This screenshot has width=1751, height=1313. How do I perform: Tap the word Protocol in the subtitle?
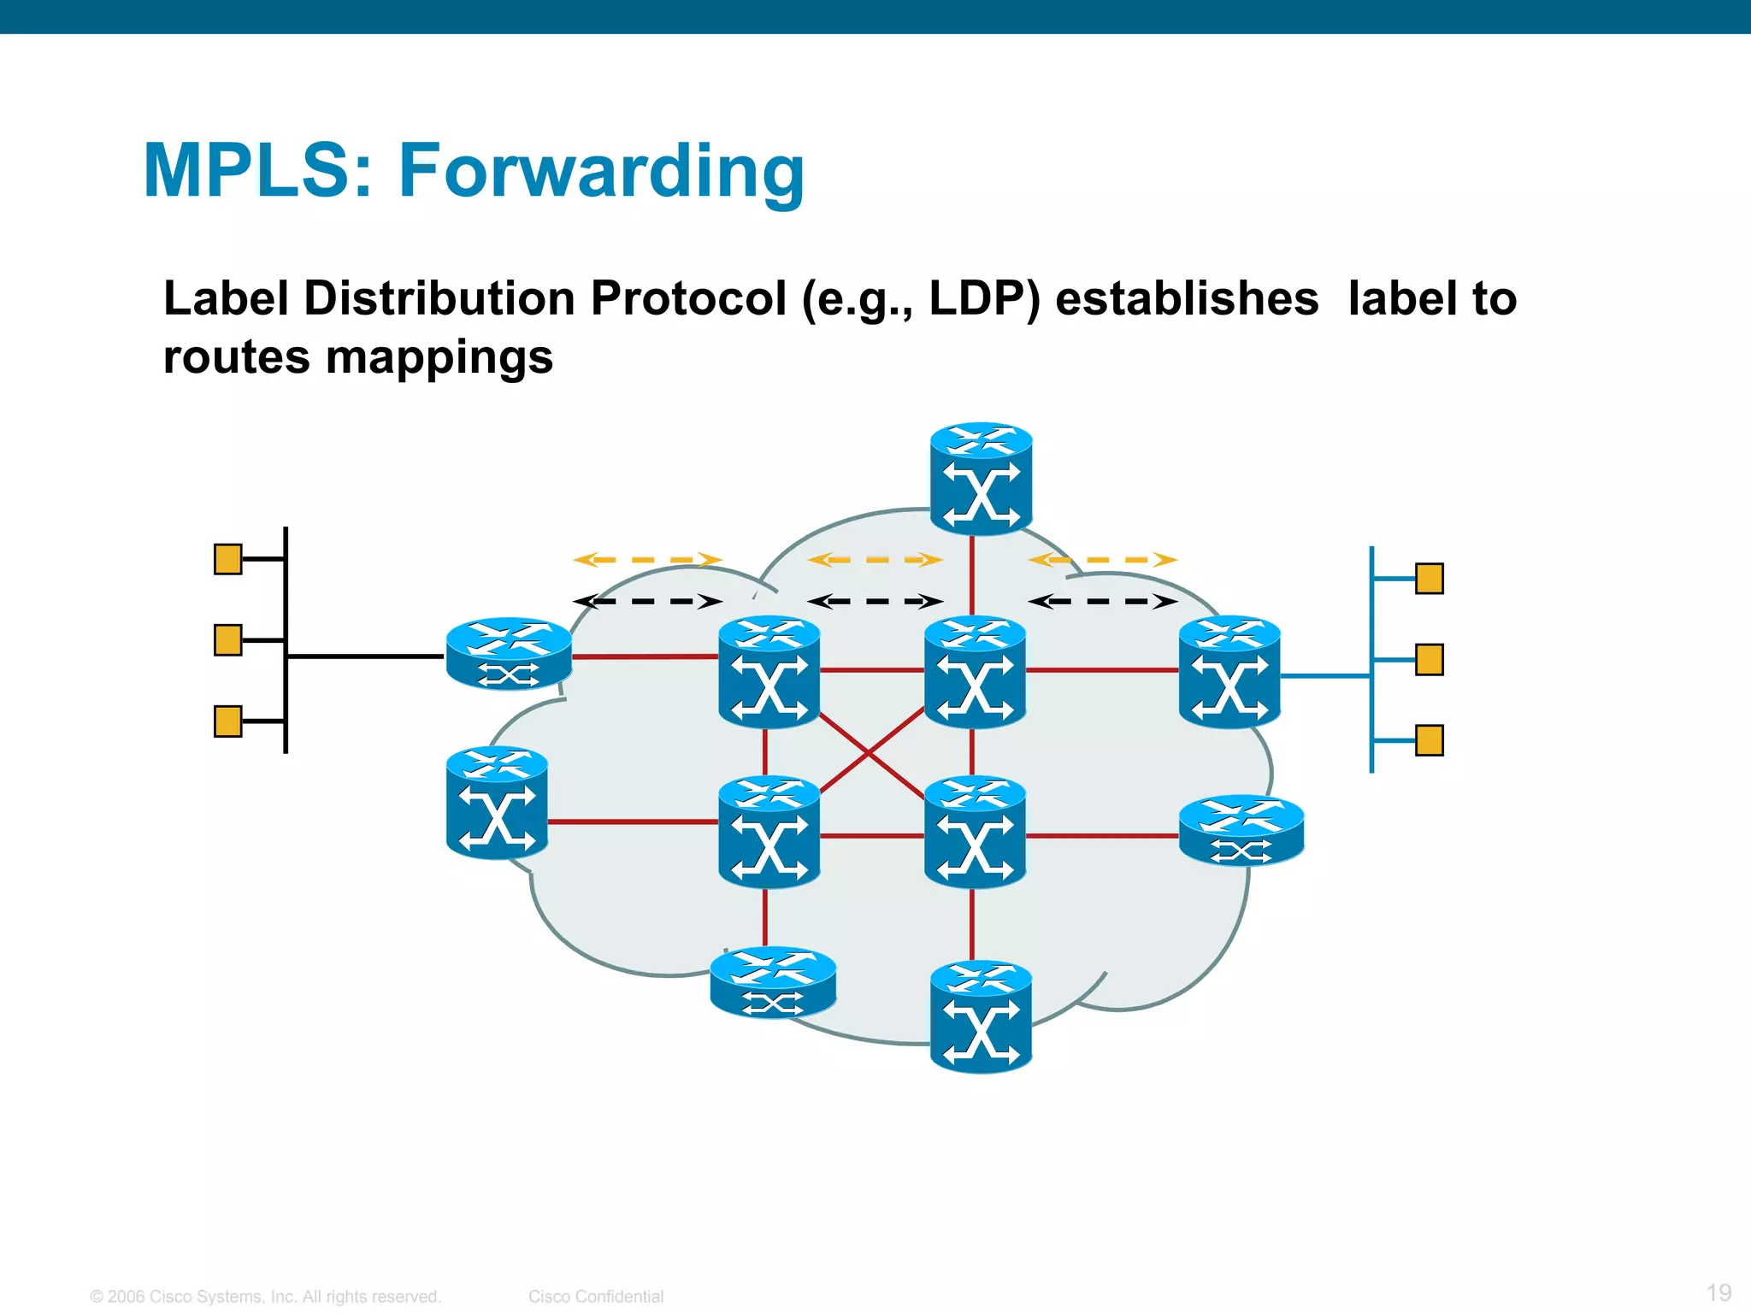click(x=688, y=298)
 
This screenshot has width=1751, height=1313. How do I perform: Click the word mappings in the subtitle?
click(x=439, y=357)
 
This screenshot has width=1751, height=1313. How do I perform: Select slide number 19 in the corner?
click(x=1719, y=1292)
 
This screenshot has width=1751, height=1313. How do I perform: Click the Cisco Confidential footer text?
click(x=596, y=1297)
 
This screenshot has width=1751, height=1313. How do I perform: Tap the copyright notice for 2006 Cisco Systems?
click(x=265, y=1297)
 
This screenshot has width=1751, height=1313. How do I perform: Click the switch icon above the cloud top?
click(x=981, y=479)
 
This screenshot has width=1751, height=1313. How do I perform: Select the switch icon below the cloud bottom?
click(x=981, y=1017)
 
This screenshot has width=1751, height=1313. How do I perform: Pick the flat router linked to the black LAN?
click(x=509, y=654)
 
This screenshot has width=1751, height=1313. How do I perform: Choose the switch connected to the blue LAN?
click(x=1229, y=672)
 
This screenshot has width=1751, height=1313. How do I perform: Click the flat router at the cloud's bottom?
click(x=773, y=983)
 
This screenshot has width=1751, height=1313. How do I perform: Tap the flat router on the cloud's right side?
click(x=1241, y=831)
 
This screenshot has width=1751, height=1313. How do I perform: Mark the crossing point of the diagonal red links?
click(x=870, y=753)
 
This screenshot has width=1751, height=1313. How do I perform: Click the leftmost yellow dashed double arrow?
click(x=647, y=560)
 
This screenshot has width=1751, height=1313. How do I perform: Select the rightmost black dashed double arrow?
click(x=1102, y=602)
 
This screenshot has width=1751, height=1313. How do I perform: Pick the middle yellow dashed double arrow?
click(x=875, y=560)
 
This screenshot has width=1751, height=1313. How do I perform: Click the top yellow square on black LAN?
click(x=227, y=559)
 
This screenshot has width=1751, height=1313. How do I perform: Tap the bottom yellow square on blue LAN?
click(x=1430, y=740)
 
